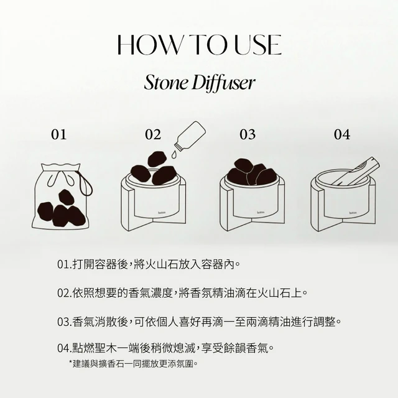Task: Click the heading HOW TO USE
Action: (x=199, y=45)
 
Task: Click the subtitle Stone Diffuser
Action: (x=199, y=83)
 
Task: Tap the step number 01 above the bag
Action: (x=59, y=134)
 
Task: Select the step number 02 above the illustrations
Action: (x=153, y=134)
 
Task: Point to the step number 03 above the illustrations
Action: (x=248, y=134)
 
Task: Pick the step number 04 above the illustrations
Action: (x=342, y=134)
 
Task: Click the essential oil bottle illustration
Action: (x=190, y=136)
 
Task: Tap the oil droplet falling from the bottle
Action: (x=174, y=155)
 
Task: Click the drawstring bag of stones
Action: (x=62, y=197)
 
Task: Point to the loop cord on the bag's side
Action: (x=87, y=183)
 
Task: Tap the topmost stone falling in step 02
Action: (x=157, y=159)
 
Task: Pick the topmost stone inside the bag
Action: (x=67, y=197)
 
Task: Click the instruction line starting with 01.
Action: (x=149, y=265)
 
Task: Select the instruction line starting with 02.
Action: (x=182, y=293)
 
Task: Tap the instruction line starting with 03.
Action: (x=199, y=322)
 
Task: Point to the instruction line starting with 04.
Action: (x=165, y=348)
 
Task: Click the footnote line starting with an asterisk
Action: (x=133, y=364)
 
